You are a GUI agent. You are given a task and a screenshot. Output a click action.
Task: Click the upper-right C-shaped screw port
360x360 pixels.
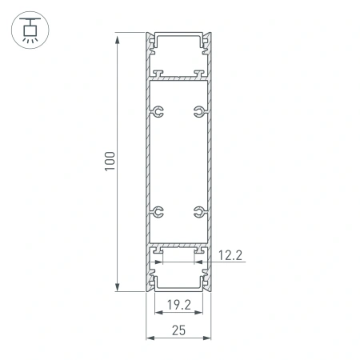[x=197, y=111]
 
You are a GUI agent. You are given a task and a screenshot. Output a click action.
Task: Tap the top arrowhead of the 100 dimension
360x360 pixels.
[x=118, y=37]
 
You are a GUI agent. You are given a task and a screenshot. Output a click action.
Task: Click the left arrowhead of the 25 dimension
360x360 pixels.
[x=149, y=338]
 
